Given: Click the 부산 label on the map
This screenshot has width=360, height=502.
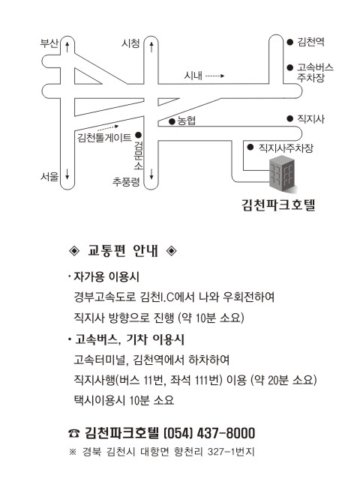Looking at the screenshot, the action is [49, 43].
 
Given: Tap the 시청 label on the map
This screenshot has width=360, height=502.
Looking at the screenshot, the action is [130, 43].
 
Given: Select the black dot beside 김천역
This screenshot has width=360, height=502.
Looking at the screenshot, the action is [289, 42].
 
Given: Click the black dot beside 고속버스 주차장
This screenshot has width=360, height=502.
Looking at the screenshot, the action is [289, 67].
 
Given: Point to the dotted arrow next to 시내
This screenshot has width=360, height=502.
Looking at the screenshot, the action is [214, 76].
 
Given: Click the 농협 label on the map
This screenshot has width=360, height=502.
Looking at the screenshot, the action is [187, 121].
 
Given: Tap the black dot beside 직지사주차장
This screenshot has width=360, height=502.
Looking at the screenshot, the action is [250, 148].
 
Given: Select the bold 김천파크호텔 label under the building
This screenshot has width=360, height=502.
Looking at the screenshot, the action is [278, 205].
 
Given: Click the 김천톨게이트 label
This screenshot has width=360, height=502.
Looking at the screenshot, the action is [104, 138].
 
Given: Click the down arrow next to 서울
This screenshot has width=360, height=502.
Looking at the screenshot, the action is [67, 175].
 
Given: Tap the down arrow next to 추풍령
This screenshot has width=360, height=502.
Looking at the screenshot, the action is [151, 175].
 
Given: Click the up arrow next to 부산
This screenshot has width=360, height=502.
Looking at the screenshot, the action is [67, 46].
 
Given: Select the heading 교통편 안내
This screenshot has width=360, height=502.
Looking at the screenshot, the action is [123, 251].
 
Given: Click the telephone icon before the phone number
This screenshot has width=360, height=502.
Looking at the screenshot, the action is [74, 434].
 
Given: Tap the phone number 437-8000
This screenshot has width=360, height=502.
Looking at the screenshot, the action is [226, 433].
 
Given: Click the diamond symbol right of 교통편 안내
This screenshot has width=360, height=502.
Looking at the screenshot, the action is [172, 251].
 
